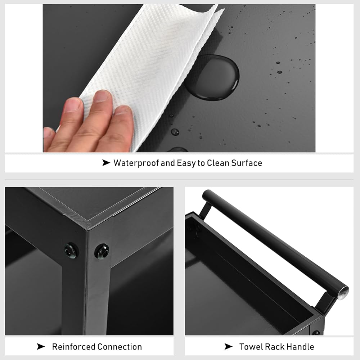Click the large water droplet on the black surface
point(213,77)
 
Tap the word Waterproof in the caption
point(136,163)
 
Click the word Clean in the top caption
point(218,163)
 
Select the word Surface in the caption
point(247,163)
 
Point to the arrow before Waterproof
point(106,163)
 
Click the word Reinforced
point(73,347)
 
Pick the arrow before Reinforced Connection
point(41,347)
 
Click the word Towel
point(251,347)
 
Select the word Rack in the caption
point(275,347)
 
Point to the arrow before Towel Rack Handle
point(229,346)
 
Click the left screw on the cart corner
point(71,251)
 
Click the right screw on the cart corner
point(102,251)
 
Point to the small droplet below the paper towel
point(175,132)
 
